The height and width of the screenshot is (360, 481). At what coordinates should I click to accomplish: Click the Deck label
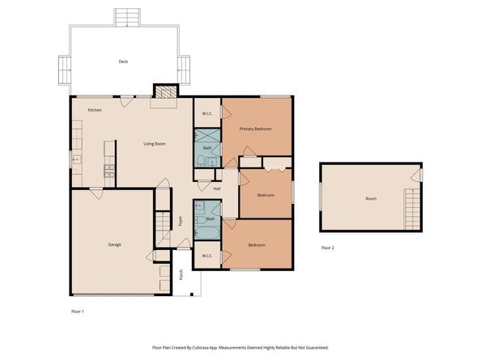click(x=123, y=61)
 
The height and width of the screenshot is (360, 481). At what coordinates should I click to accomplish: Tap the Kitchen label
click(x=95, y=110)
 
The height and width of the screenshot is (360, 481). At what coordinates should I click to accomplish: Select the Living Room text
click(x=155, y=144)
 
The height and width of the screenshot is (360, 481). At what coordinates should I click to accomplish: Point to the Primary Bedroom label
click(x=256, y=129)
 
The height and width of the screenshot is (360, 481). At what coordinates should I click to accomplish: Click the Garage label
click(x=114, y=244)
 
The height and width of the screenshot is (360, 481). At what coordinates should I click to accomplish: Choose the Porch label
click(x=181, y=274)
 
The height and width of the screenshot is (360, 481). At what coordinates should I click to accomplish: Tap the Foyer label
click(x=181, y=221)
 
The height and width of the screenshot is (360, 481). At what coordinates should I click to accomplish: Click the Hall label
click(x=217, y=188)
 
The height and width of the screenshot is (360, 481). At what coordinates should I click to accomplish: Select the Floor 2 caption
click(x=328, y=248)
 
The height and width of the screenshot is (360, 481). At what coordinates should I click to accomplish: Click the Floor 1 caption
click(x=78, y=311)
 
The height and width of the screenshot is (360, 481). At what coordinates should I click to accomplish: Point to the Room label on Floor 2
click(x=371, y=198)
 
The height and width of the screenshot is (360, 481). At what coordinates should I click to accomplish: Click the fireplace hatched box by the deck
click(x=166, y=92)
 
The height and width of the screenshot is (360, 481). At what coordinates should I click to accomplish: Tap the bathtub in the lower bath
click(x=207, y=233)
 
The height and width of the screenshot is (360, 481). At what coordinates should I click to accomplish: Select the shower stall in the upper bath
click(x=207, y=135)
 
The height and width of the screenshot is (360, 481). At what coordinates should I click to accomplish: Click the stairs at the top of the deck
click(x=127, y=18)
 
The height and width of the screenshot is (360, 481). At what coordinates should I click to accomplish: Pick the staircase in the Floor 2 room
click(x=412, y=209)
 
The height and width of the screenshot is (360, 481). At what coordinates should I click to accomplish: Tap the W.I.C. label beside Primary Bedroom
click(x=207, y=114)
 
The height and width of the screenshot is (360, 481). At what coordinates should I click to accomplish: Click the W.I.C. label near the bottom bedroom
click(x=207, y=256)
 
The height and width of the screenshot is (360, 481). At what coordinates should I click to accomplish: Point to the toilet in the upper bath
click(x=201, y=160)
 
